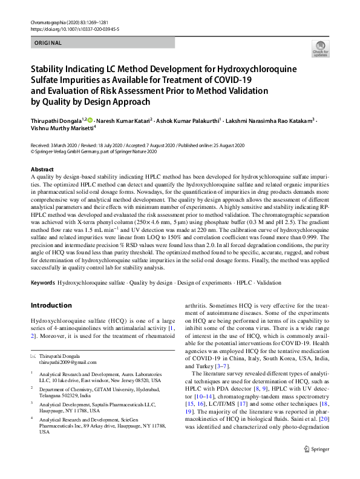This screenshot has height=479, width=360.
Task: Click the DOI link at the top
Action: pyautogui.click(x=74, y=29)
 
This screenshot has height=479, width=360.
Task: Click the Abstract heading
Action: pyautogui.click(x=42, y=169)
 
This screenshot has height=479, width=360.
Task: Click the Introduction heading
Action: pyautogui.click(x=51, y=305)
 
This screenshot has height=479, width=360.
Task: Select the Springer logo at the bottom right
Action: pyautogui.click(x=316, y=466)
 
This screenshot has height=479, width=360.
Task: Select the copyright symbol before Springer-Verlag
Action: pyautogui.click(x=33, y=153)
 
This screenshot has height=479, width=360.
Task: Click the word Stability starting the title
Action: pyautogui.click(x=50, y=69)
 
